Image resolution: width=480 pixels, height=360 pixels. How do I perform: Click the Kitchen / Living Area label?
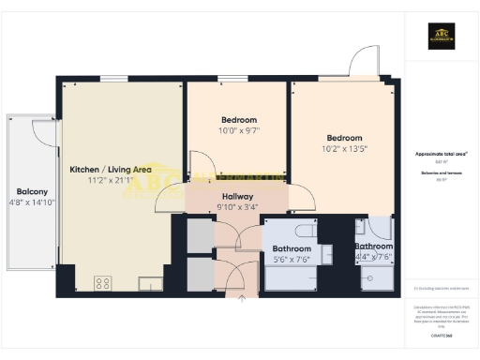pyautogui.click(x=111, y=170)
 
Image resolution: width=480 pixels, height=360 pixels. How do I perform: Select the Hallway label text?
pyautogui.click(x=237, y=195)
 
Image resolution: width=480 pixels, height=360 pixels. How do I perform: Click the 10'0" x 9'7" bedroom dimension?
pyautogui.click(x=237, y=131)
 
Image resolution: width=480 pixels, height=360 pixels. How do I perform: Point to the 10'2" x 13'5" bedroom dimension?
pyautogui.click(x=343, y=148)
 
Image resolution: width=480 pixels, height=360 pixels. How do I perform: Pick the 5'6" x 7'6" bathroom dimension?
pyautogui.click(x=290, y=260)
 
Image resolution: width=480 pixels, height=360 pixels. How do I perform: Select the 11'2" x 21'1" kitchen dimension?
pyautogui.click(x=111, y=182)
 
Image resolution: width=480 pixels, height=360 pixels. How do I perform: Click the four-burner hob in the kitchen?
pyautogui.click(x=102, y=282)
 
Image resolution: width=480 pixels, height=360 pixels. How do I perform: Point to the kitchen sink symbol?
pyautogui.click(x=147, y=282)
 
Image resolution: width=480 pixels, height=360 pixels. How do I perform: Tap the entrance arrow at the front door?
pyautogui.click(x=242, y=299)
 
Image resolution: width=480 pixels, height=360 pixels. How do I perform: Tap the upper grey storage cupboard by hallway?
pyautogui.click(x=200, y=236)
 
